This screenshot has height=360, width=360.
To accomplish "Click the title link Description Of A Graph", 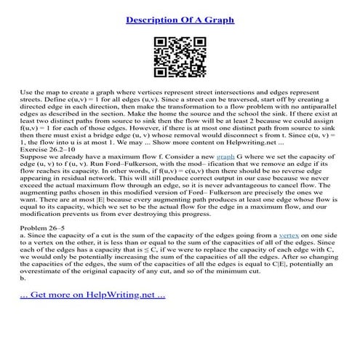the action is point(180,17).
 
